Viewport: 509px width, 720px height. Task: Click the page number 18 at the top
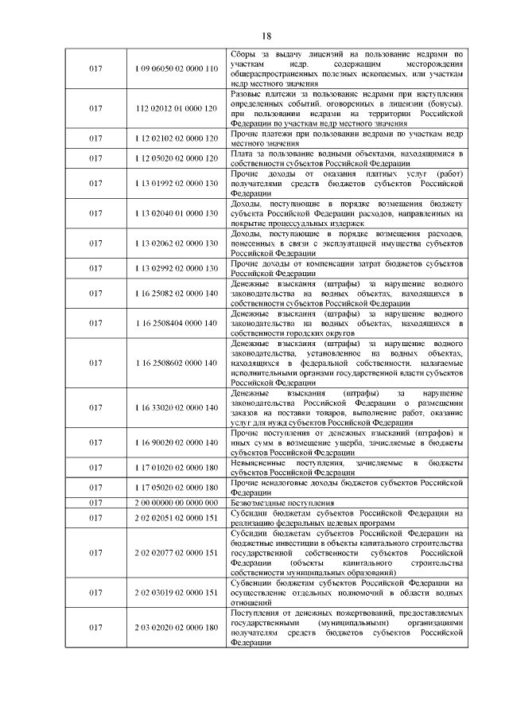[266, 35]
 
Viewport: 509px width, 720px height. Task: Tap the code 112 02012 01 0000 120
[176, 107]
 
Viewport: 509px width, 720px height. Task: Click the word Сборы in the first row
[241, 54]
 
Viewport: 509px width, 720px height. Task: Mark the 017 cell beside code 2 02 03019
[95, 593]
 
